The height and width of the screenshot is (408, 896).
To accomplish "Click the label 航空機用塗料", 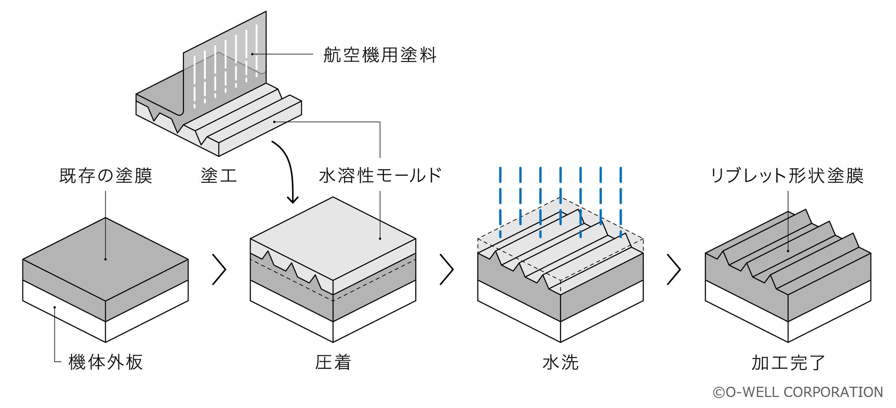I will (x=380, y=55).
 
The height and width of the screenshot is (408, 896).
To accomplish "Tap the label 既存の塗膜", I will (x=106, y=176).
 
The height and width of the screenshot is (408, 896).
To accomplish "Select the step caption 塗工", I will (x=219, y=176).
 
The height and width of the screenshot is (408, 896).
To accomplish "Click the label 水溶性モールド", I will (x=380, y=175).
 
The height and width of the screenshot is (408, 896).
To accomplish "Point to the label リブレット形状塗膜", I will (x=787, y=176).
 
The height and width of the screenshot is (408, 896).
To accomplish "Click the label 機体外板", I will (x=106, y=362).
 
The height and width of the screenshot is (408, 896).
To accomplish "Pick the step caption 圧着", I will (x=333, y=362).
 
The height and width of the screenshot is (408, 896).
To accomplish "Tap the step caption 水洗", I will (x=560, y=362).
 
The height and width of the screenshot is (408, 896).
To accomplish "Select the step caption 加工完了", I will (x=788, y=362).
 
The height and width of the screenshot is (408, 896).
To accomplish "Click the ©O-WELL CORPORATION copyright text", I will (x=798, y=392).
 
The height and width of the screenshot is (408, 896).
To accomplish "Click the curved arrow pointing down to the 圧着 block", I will (x=288, y=170).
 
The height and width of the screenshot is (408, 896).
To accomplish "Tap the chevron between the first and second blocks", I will (x=219, y=269).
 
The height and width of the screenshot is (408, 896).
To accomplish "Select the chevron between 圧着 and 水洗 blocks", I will (x=447, y=269).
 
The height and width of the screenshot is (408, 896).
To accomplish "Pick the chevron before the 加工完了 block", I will (x=674, y=269).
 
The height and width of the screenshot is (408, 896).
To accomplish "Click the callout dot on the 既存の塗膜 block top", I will (x=106, y=259).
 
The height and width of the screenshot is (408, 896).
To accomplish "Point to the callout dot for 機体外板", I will (x=55, y=307).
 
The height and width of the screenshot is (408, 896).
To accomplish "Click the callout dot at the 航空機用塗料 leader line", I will (x=252, y=54).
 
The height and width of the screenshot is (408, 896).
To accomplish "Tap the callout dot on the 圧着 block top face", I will (x=380, y=239).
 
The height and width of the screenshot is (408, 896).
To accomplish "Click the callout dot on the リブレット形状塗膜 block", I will (x=788, y=251).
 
